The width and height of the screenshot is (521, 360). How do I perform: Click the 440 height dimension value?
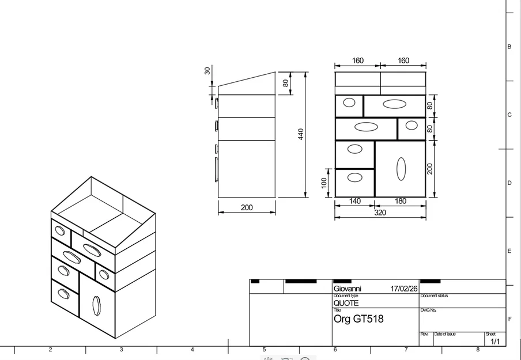click(x=301, y=134)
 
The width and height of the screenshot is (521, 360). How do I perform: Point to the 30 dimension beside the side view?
click(x=207, y=70)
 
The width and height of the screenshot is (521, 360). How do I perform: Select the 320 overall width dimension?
click(x=380, y=213)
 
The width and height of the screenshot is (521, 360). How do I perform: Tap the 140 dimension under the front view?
click(x=355, y=202)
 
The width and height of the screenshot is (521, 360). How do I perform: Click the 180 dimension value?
click(x=401, y=202)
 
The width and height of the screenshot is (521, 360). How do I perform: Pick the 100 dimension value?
click(x=324, y=183)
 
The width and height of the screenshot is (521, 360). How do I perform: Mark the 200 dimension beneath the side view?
click(x=247, y=208)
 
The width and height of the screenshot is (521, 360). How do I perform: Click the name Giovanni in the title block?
click(x=348, y=289)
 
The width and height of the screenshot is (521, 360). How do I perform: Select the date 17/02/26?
click(x=404, y=289)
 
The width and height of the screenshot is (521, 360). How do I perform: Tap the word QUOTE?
click(x=346, y=303)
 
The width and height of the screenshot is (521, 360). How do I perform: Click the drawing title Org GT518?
click(x=358, y=319)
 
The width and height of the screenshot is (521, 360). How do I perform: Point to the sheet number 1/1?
click(x=495, y=342)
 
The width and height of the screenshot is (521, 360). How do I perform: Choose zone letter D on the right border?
click(x=509, y=183)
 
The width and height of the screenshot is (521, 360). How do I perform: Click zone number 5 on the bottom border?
click(x=264, y=350)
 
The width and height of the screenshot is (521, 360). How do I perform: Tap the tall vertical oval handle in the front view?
click(x=401, y=168)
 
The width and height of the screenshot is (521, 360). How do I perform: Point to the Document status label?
click(x=434, y=295)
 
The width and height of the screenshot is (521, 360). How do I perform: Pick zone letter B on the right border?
click(x=509, y=47)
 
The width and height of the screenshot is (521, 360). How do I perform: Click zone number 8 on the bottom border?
click(x=478, y=350)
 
